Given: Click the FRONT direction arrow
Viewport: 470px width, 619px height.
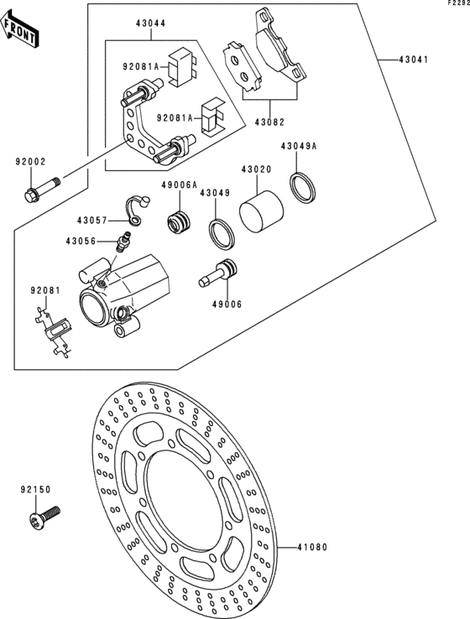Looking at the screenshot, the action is [x=19, y=29].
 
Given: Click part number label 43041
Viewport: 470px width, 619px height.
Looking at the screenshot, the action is [x=413, y=60].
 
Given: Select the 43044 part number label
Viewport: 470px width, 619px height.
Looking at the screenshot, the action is [x=151, y=23].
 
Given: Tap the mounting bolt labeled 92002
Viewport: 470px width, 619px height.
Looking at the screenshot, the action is [x=42, y=190].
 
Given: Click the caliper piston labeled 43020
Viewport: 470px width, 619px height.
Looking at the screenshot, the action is [x=261, y=211].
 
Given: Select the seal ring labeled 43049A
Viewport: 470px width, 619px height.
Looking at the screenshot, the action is [x=303, y=187].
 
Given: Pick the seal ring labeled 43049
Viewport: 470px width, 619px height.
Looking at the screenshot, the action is [x=222, y=235].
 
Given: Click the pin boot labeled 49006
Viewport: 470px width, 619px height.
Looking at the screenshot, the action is [x=217, y=273].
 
